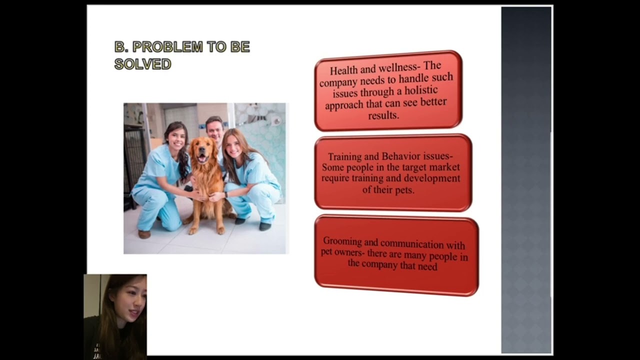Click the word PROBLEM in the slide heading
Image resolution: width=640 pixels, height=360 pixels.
[x=167, y=47]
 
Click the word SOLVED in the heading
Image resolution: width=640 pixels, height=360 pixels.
[x=142, y=64]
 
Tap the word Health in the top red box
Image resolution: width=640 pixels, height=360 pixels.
[x=344, y=70]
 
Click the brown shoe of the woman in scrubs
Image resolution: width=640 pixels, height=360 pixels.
[x=144, y=234]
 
